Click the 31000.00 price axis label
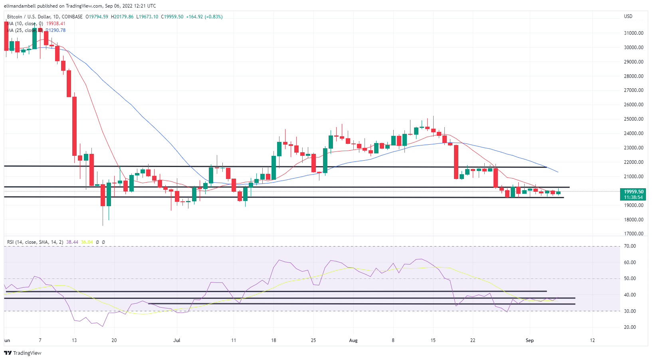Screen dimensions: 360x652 tap(634, 33)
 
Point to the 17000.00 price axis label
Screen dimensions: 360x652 tap(634, 234)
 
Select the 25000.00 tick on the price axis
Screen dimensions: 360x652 tap(634, 119)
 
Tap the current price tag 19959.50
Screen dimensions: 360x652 tap(634, 192)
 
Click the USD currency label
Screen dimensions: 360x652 tap(628, 16)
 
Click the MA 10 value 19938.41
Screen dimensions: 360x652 tap(56, 24)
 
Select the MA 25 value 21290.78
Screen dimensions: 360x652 tap(56, 30)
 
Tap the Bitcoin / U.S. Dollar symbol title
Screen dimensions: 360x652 tap(28, 17)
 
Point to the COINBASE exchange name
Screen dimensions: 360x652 tap(72, 17)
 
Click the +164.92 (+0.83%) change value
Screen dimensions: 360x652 tap(204, 17)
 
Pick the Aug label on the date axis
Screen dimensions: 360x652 tap(353, 340)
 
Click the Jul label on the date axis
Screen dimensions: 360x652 tap(176, 340)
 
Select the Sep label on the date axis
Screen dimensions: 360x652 tap(529, 340)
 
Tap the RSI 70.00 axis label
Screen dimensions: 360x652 tap(630, 246)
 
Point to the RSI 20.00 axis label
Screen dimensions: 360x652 tap(630, 327)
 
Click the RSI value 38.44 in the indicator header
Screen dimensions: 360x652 tap(72, 242)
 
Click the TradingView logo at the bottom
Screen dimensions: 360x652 tap(23, 353)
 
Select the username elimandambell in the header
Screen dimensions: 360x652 tap(20, 6)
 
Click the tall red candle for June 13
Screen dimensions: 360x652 tap(74, 126)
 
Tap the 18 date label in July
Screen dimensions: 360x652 tap(273, 340)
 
